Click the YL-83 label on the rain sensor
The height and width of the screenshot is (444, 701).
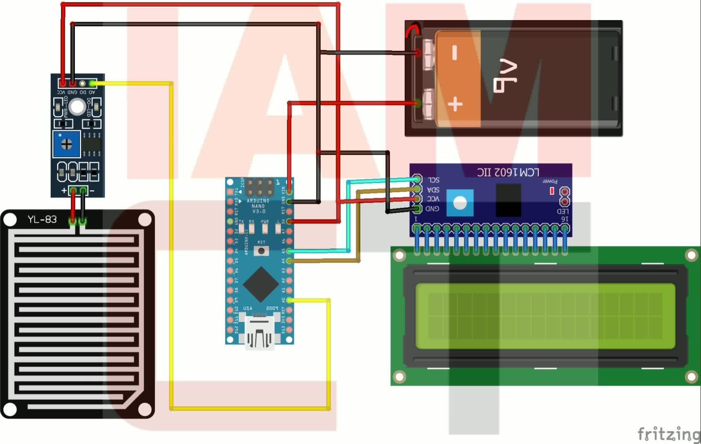(x=42, y=220)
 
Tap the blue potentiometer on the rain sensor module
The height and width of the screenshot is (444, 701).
(x=66, y=144)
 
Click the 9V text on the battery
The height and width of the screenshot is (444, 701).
(x=507, y=76)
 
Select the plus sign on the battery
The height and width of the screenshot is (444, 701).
(x=455, y=104)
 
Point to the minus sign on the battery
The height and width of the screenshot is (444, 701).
(x=454, y=53)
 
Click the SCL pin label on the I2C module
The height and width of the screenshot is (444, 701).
(x=433, y=180)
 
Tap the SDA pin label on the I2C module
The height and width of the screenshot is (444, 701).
(x=433, y=190)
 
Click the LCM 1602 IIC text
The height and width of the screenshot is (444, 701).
(x=508, y=172)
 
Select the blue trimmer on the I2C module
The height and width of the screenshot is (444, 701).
(x=460, y=202)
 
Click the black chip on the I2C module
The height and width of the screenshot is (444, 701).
(x=508, y=200)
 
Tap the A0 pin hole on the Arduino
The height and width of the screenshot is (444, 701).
(x=289, y=300)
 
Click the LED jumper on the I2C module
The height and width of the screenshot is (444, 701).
(x=564, y=196)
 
